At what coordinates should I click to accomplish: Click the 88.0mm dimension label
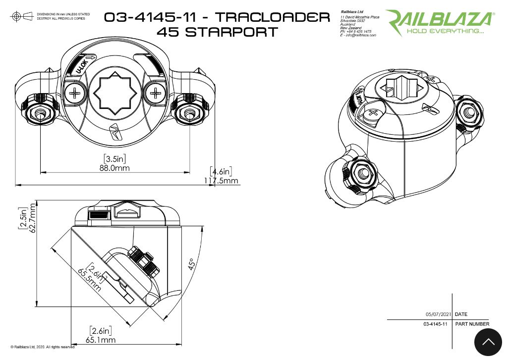point(115,168)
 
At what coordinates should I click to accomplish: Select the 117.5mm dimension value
point(222,181)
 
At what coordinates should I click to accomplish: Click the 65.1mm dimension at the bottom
point(101,340)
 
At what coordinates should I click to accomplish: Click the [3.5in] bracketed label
point(115,158)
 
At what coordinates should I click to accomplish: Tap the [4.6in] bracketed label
point(221,172)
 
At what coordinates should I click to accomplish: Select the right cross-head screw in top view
point(156,92)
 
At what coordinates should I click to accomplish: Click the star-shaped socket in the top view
point(115,93)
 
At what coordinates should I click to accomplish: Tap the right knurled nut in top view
point(189,113)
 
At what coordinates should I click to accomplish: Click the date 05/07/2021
point(439,314)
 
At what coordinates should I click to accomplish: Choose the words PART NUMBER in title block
point(472,324)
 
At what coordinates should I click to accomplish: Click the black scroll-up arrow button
point(488,342)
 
